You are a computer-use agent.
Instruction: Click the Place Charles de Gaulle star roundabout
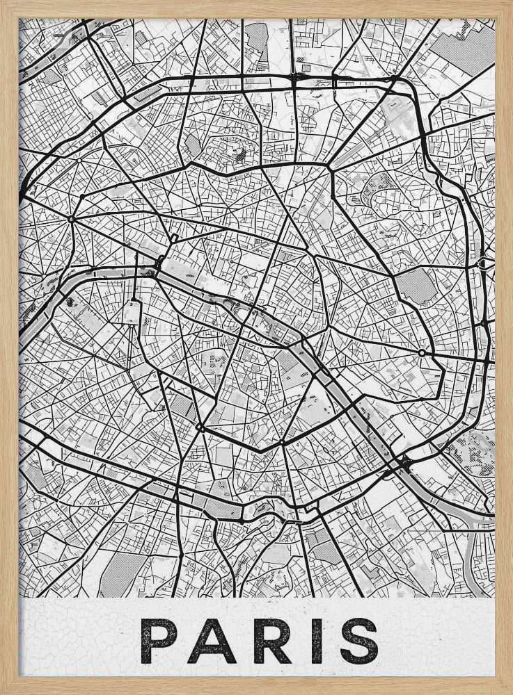pyautogui.click(x=71, y=220)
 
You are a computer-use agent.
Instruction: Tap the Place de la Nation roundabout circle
pyautogui.click(x=422, y=353)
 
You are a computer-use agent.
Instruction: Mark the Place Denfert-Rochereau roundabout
pyautogui.click(x=200, y=427)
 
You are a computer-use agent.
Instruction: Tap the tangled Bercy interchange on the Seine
pyautogui.click(x=402, y=463)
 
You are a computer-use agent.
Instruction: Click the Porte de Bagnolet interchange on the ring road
pyautogui.click(x=482, y=265)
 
